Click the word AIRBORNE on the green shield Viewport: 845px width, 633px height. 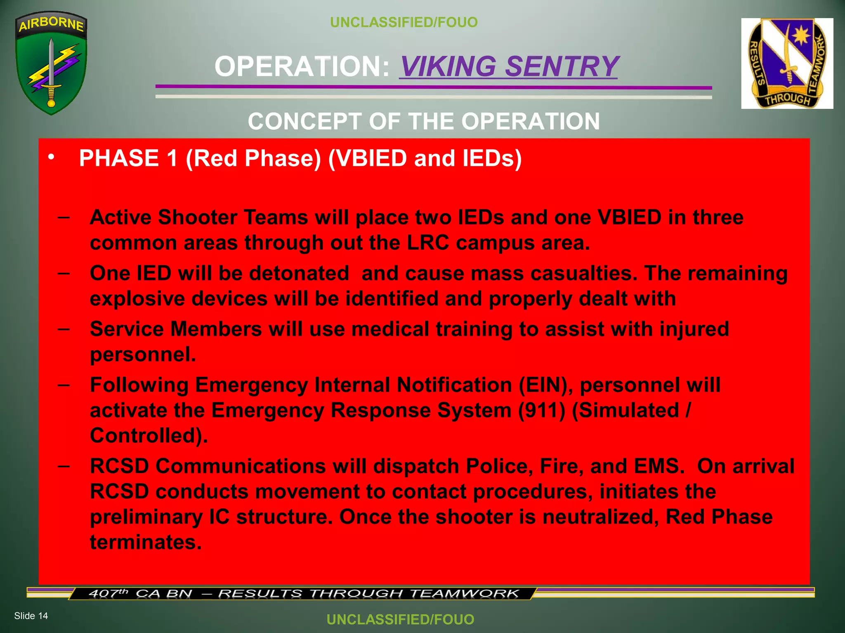pyautogui.click(x=51, y=24)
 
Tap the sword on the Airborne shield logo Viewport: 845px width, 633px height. pyautogui.click(x=51, y=72)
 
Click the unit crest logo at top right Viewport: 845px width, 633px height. pyautogui.click(x=787, y=63)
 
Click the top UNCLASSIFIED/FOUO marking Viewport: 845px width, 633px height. pyautogui.click(x=404, y=22)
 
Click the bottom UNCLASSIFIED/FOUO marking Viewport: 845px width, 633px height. pyautogui.click(x=400, y=619)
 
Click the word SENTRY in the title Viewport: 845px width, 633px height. pyautogui.click(x=562, y=66)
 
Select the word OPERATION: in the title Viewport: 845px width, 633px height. pyautogui.click(x=302, y=66)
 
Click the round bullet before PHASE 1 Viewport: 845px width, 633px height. pyautogui.click(x=51, y=157)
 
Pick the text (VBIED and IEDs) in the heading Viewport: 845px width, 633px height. pyautogui.click(x=425, y=158)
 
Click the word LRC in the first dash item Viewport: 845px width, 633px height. pyautogui.click(x=428, y=243)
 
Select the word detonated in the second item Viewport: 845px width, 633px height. pyautogui.click(x=299, y=273)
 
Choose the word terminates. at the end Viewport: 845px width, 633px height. pyautogui.click(x=146, y=542)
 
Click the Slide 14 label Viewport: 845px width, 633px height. pyautogui.click(x=31, y=616)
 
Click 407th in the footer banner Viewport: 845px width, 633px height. pyautogui.click(x=108, y=593)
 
